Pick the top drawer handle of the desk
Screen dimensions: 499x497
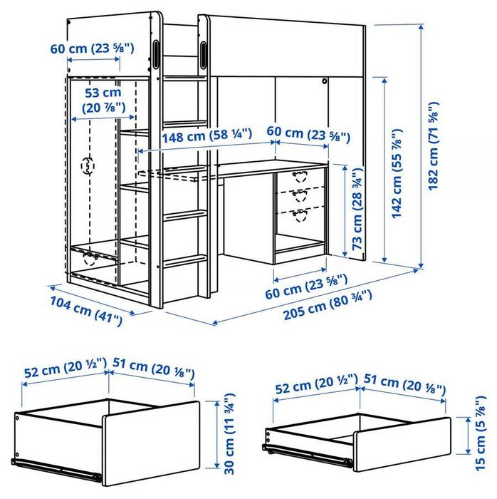298,175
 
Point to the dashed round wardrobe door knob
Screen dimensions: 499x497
89,166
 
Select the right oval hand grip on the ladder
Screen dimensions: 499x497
205,53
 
